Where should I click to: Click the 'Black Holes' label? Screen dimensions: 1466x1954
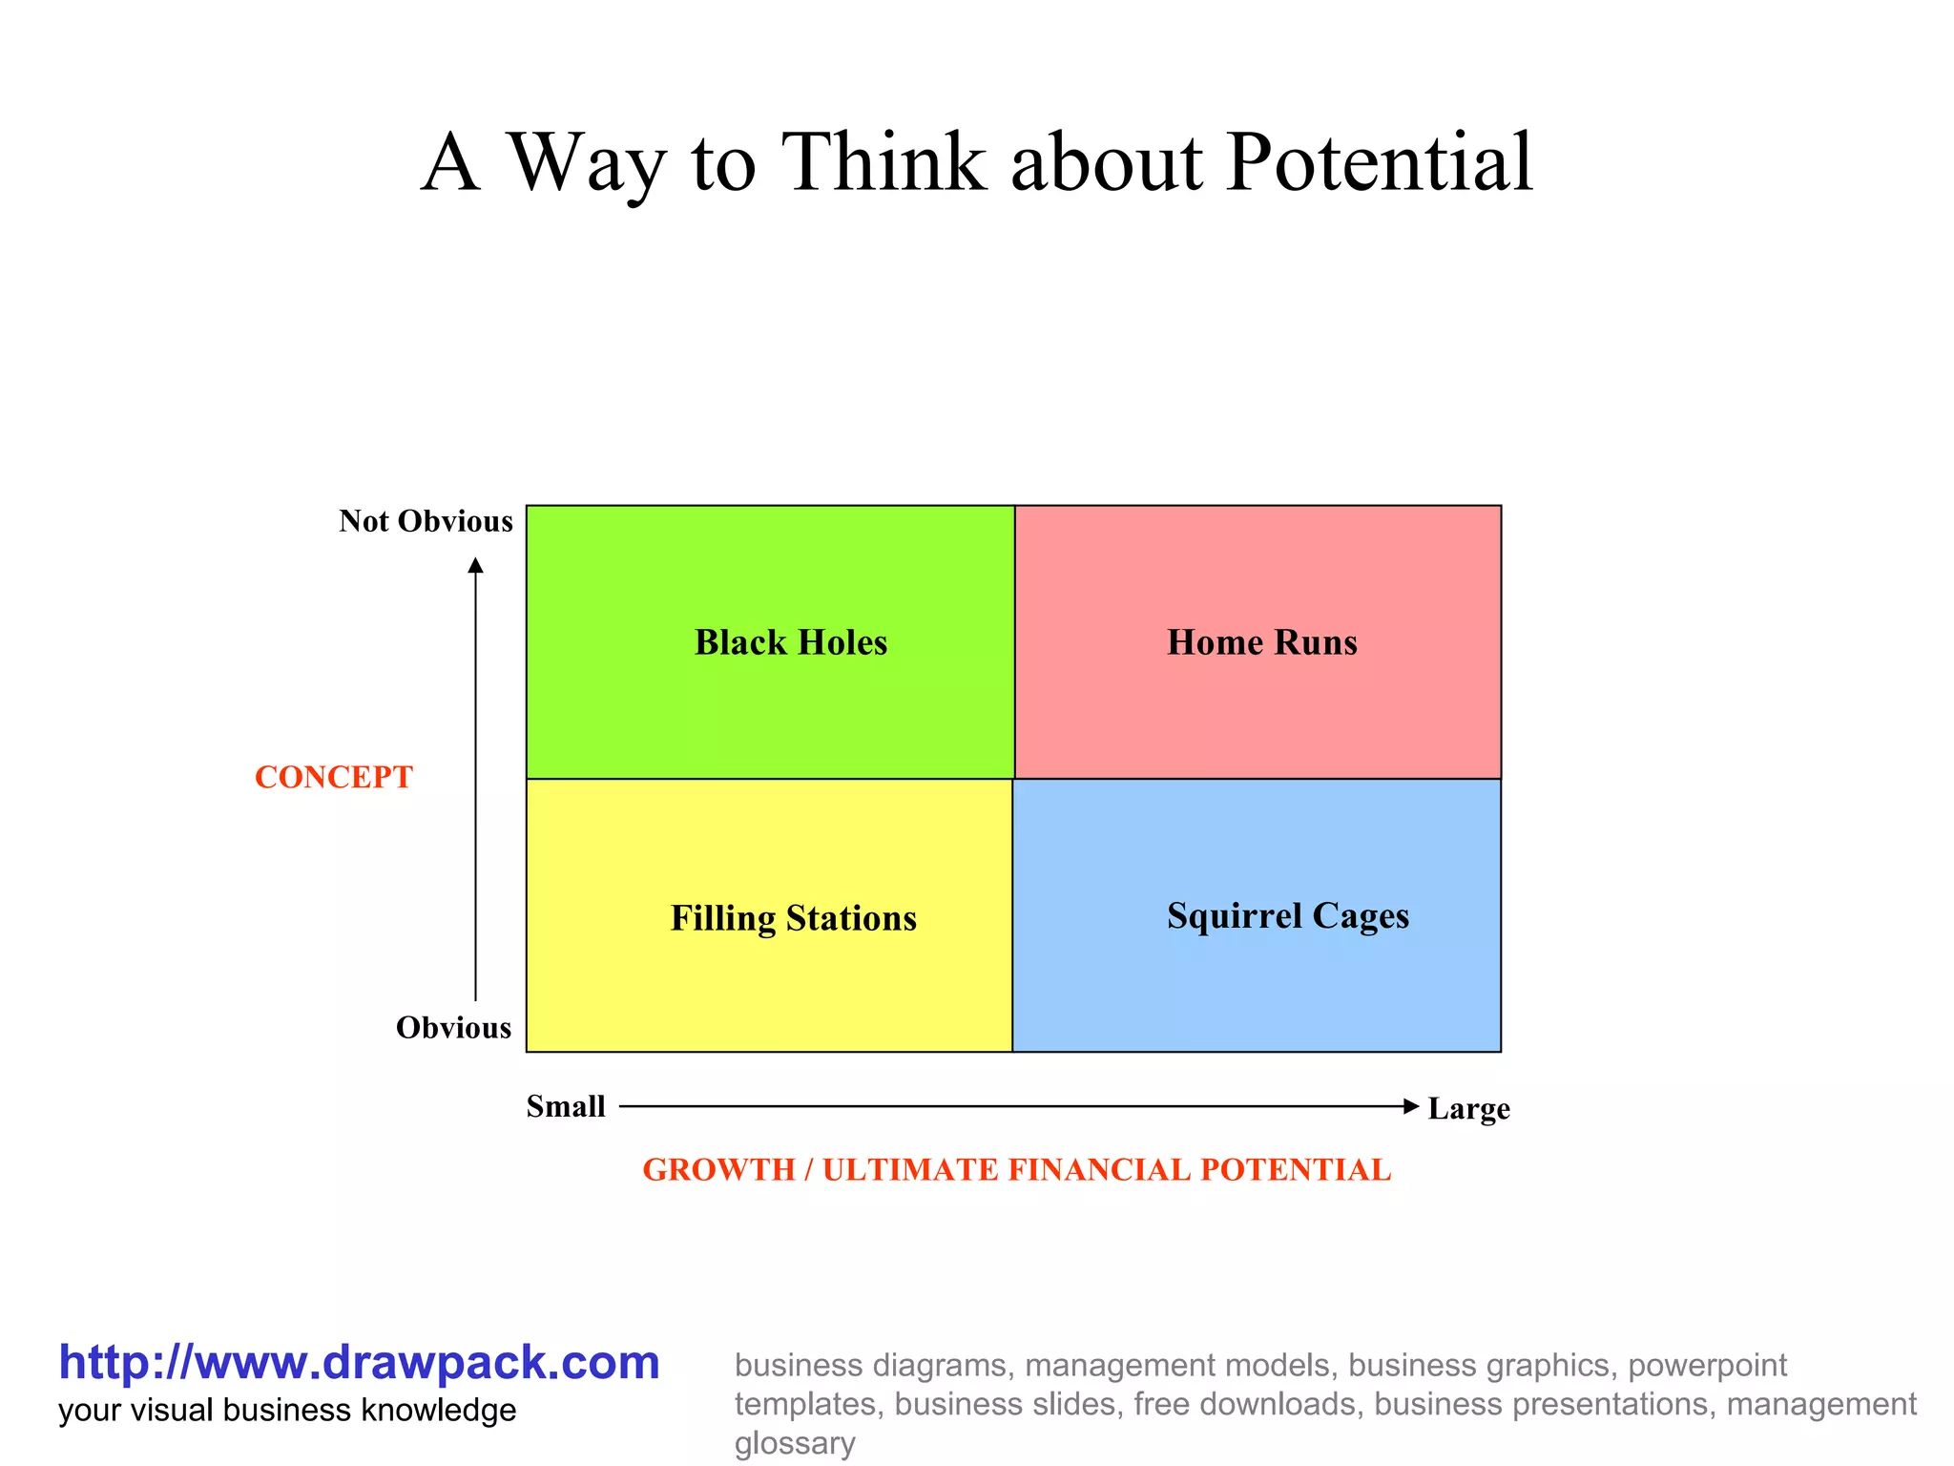coord(790,642)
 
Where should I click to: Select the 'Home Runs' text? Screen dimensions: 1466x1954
coord(1261,642)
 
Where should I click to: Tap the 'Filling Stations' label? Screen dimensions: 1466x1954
coord(793,918)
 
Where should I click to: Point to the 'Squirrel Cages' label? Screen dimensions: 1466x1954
coord(1287,915)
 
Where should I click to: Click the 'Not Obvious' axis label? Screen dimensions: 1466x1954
coord(426,521)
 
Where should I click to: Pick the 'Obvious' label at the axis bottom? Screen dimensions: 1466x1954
coord(453,1028)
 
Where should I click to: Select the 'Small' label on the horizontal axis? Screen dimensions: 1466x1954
coord(566,1106)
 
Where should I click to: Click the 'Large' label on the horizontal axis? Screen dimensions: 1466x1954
coord(1468,1109)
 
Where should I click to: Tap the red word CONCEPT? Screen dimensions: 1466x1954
coord(334,777)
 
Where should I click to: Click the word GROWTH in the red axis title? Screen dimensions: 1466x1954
coord(718,1169)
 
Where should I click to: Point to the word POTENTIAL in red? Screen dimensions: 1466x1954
coord(1295,1169)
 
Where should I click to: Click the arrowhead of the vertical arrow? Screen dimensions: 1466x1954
coord(475,566)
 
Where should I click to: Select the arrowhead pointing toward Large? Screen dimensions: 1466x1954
coord(1411,1106)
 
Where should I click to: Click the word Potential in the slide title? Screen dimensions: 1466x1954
coord(1380,162)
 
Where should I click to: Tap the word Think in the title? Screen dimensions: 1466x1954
coord(883,162)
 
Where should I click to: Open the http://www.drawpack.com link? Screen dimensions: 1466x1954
coord(359,1362)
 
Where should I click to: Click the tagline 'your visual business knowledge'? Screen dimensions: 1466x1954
coord(287,1410)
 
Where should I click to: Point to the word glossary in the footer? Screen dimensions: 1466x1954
coord(794,1443)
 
